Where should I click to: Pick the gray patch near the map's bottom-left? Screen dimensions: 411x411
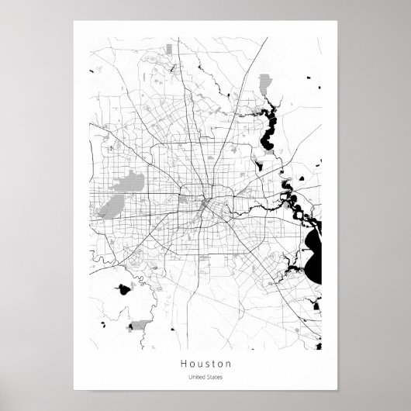(x=140, y=325)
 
